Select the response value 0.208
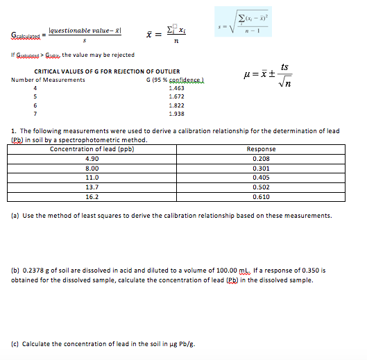pyautogui.click(x=261, y=159)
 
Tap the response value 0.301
pyautogui.click(x=261, y=168)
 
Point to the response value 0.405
pyautogui.click(x=261, y=178)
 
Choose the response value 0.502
pyautogui.click(x=261, y=187)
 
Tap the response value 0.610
pyautogui.click(x=261, y=197)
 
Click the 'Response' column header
pyautogui.click(x=261, y=149)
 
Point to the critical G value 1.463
pyautogui.click(x=177, y=88)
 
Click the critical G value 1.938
pyautogui.click(x=177, y=114)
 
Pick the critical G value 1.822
pyautogui.click(x=177, y=105)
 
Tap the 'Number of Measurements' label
pyautogui.click(x=49, y=80)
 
